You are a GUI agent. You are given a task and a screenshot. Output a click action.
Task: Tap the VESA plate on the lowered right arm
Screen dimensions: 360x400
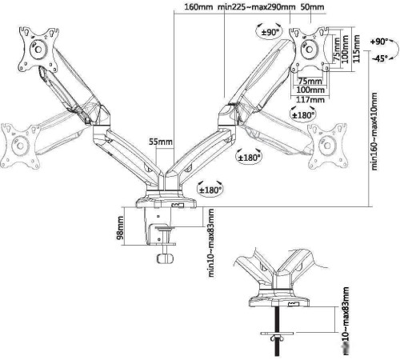[327, 145]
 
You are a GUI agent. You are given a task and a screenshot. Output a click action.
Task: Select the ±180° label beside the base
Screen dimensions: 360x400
[210, 190]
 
